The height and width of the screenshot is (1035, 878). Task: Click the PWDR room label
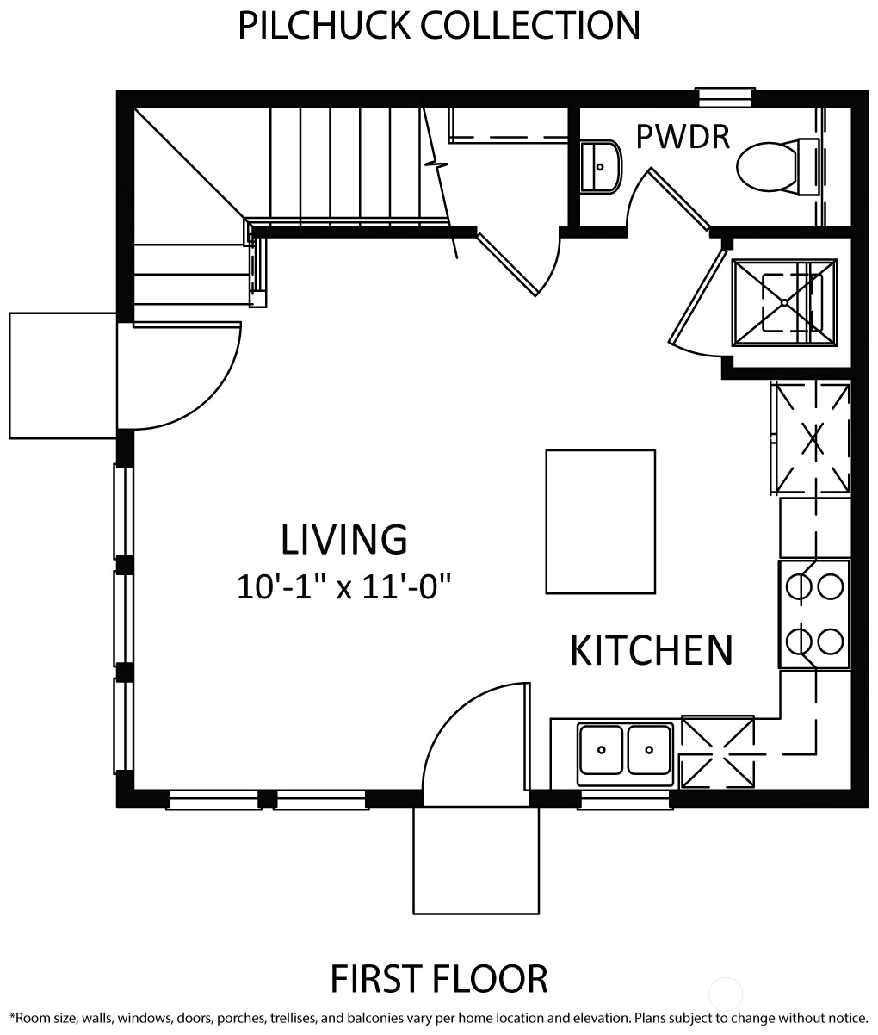(x=683, y=137)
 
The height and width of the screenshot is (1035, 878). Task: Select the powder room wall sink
(x=601, y=166)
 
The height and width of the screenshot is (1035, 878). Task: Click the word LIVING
(x=344, y=539)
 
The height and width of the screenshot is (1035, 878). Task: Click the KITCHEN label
(x=652, y=650)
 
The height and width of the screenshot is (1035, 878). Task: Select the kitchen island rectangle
(x=601, y=522)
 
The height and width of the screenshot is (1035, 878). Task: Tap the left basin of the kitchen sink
(x=601, y=750)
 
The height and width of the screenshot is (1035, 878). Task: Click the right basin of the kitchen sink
(x=649, y=750)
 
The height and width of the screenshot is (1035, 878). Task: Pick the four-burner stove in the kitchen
(x=814, y=614)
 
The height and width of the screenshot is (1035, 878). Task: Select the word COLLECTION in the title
(x=530, y=26)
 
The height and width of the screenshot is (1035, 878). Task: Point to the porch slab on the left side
(x=63, y=375)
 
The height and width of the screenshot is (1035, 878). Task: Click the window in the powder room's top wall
(x=726, y=97)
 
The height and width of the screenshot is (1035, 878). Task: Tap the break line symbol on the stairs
(x=436, y=164)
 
